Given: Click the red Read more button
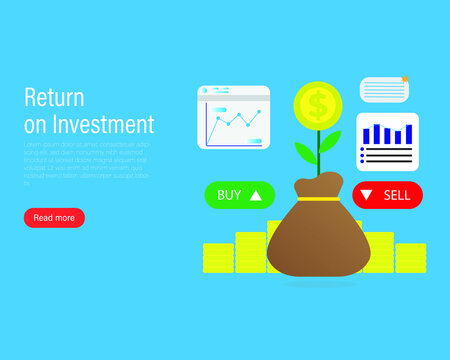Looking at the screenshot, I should [54, 217].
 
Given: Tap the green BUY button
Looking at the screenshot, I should [239, 195].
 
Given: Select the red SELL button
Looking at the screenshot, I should [387, 195].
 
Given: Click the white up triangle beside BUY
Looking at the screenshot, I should [256, 195].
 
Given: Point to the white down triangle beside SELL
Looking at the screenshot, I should [367, 195].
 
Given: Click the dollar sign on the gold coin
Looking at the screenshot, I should [318, 103].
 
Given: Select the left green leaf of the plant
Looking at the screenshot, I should [306, 152].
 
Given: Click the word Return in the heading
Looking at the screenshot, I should [53, 98].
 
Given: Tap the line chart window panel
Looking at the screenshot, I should [234, 118].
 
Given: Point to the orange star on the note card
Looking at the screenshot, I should [404, 79].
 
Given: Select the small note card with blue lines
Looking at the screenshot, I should [384, 90].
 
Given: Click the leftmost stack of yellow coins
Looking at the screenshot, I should [217, 258].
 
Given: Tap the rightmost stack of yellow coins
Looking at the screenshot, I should [410, 258].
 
